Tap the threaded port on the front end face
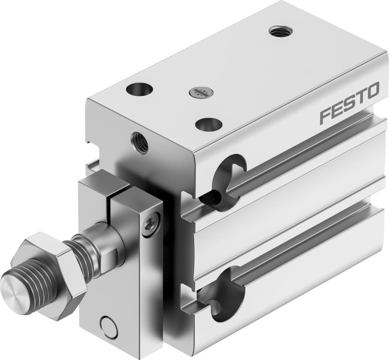(140, 143)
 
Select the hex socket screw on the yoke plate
(152, 221)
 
